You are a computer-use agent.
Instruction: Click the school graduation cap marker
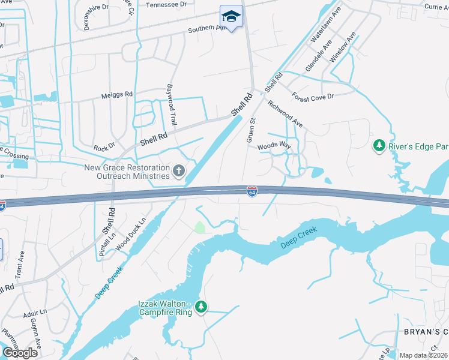coord(231,15)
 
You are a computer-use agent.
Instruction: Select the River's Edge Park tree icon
coord(379,145)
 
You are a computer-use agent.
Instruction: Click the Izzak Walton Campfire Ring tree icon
coord(201,307)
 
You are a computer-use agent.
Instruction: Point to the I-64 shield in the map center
coord(253,191)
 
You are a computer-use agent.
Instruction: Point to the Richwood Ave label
coord(285,113)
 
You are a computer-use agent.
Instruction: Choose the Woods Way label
coord(274,146)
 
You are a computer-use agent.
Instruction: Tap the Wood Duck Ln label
coord(130,233)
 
